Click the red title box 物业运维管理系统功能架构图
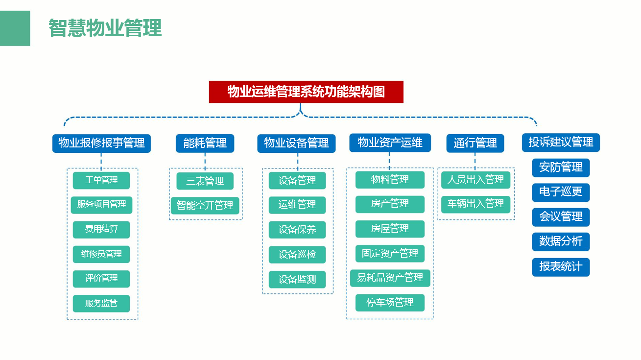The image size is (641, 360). click(306, 92)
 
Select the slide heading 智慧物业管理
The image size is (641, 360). click(105, 28)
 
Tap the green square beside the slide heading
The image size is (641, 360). click(15, 28)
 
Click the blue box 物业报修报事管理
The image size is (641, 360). click(101, 144)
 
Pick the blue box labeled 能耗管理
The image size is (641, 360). click(205, 144)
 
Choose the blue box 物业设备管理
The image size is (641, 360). click(296, 144)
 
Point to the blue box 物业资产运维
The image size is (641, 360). click(390, 143)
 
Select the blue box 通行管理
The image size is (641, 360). click(475, 143)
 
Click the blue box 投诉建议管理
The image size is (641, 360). click(561, 143)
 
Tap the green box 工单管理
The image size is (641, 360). click(101, 180)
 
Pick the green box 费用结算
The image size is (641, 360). click(101, 230)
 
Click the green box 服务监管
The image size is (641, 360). click(101, 303)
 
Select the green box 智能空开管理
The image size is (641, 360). click(205, 205)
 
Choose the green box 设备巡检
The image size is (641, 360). click(297, 254)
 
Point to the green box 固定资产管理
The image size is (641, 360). click(390, 254)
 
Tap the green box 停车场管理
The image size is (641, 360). click(390, 303)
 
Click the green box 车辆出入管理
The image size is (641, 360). click(475, 204)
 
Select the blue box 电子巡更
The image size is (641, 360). click(561, 192)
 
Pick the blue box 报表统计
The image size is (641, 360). click(561, 267)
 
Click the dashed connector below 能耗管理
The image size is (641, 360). click(205, 162)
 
